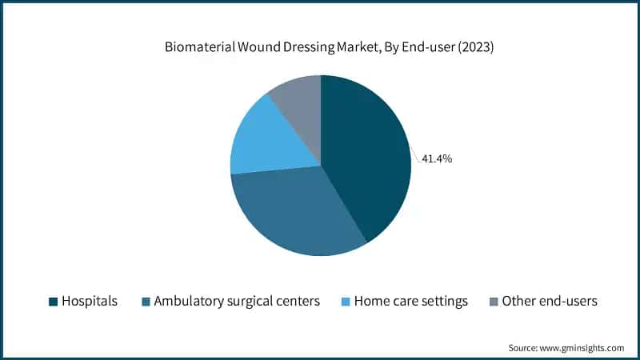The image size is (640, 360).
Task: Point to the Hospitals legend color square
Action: coord(53,302)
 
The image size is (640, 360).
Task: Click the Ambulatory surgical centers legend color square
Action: coord(145,302)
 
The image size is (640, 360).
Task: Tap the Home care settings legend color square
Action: coord(345,302)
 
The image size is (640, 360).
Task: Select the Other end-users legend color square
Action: coord(494,302)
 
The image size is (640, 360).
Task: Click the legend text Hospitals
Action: coord(90,302)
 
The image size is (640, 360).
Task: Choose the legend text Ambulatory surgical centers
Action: coord(237,302)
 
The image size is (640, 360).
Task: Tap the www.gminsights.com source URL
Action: coord(583,348)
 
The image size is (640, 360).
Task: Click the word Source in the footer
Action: coord(523,348)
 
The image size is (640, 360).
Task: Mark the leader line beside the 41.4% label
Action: coord(416,155)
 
